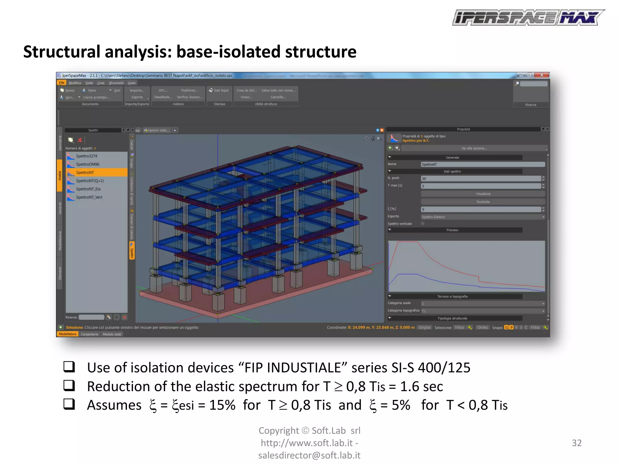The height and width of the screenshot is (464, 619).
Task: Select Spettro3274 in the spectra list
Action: [86, 156]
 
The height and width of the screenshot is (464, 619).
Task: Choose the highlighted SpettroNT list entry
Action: [85, 172]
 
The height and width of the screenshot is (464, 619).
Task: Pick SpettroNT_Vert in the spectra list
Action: [89, 197]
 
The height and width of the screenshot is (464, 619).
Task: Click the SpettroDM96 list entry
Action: [87, 164]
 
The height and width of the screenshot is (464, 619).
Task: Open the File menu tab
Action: [62, 83]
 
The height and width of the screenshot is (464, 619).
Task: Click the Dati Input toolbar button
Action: [219, 90]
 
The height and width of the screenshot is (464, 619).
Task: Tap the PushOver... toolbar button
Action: [190, 90]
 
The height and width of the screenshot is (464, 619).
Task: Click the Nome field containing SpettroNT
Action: [482, 164]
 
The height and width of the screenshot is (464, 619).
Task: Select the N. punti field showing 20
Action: [481, 179]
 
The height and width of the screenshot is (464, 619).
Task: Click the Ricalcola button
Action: [483, 201]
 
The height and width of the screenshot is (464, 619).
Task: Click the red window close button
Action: [542, 75]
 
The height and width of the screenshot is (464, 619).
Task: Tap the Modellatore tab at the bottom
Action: [68, 334]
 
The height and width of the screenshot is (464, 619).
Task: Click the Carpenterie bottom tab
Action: [89, 334]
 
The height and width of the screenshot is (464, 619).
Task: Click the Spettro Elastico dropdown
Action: [483, 217]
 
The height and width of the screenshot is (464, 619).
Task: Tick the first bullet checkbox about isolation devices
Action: [69, 367]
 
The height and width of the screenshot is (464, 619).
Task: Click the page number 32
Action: [576, 443]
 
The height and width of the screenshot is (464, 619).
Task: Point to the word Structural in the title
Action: [62, 52]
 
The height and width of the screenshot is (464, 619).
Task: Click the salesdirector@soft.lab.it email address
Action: [309, 455]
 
